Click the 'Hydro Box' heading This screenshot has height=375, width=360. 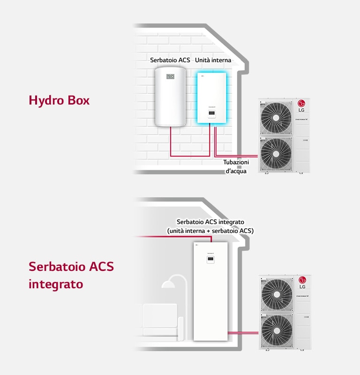[x=59, y=100]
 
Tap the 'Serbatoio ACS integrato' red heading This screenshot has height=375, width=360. [x=71, y=275]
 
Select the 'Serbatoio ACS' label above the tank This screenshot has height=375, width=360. [x=170, y=60]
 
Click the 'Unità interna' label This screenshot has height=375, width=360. [x=213, y=60]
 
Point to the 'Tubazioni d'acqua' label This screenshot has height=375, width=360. [x=236, y=166]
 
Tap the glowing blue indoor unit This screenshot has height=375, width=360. [x=211, y=98]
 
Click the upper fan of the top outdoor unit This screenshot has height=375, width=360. [x=276, y=117]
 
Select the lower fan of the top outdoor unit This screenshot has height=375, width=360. [x=276, y=153]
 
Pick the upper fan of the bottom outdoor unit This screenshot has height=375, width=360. [x=277, y=293]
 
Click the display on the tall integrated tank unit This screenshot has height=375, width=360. [x=210, y=259]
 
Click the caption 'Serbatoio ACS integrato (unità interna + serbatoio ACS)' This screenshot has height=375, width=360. [x=210, y=226]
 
